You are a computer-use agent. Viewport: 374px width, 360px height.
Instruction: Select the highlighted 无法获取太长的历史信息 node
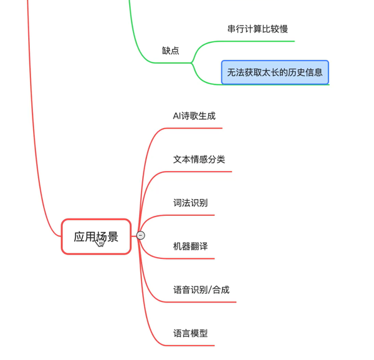pos(275,72)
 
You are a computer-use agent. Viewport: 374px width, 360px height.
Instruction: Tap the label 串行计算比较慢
pos(257,29)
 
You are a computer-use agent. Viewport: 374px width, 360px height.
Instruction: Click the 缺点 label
pos(170,51)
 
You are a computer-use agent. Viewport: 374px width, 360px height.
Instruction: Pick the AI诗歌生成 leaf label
pos(194,115)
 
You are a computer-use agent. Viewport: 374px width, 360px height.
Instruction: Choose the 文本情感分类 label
pos(199,159)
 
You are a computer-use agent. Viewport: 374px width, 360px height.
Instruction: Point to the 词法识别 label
pos(190,203)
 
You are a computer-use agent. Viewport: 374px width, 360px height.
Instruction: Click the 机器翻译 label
pos(190,246)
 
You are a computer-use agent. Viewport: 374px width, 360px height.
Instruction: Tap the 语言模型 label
pos(190,333)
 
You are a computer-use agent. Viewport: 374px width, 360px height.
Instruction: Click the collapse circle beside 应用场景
pos(141,235)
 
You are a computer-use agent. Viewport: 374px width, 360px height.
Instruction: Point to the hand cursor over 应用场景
pos(100,241)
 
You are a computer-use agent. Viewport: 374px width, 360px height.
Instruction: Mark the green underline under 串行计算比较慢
pos(262,41)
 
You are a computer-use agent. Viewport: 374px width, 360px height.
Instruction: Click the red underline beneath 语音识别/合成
pos(206,302)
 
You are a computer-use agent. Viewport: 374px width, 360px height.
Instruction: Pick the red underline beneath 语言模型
pos(193,345)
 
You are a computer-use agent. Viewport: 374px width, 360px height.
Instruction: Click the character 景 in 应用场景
pos(113,236)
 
